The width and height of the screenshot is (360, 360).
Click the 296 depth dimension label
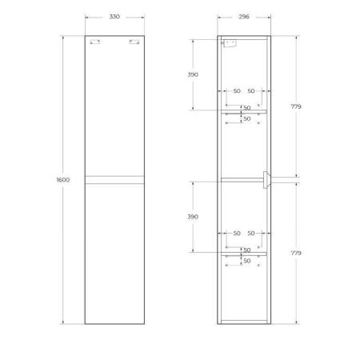(x=244, y=18)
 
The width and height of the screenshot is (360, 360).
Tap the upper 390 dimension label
(x=193, y=74)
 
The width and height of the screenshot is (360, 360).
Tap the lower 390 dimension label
(x=193, y=218)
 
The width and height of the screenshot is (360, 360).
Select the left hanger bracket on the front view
(x=96, y=44)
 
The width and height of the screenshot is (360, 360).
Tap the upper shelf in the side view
(x=244, y=112)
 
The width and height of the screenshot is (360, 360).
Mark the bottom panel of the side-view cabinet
(x=244, y=321)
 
